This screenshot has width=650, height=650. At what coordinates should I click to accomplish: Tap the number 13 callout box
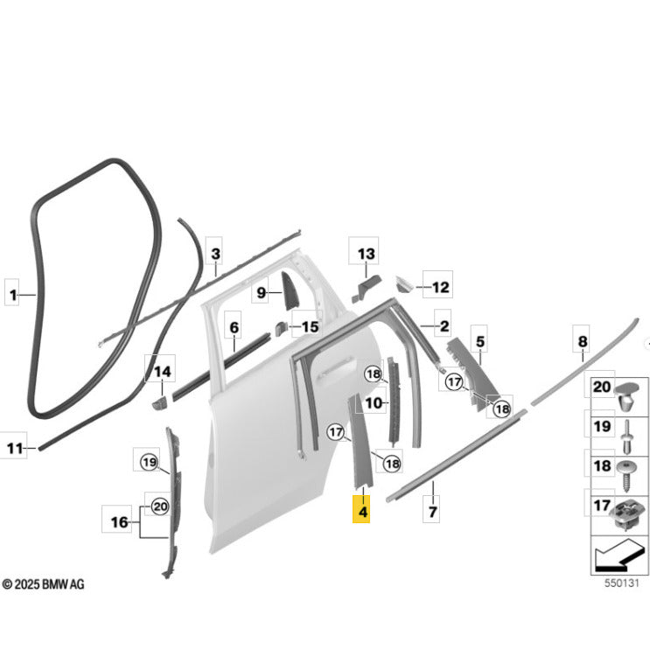pos(364,251)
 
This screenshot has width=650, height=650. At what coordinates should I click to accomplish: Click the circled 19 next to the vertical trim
pos(150,462)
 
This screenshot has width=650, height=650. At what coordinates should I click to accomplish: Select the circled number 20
pos(160,507)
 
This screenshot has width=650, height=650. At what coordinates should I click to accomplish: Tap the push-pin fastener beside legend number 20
pos(626,396)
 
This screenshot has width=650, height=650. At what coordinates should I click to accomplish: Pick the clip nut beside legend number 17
pos(628,514)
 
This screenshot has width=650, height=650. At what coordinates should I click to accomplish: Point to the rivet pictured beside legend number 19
pos(627,437)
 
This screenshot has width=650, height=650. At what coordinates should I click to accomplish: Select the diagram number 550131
pos(621,583)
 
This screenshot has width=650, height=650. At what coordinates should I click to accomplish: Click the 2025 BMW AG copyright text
pos(43,584)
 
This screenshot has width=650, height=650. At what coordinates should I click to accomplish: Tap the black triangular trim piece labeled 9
pos(288,290)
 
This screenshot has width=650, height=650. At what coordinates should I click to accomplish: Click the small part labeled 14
pos(159,402)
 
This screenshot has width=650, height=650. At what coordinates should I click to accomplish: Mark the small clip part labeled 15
pos(281,328)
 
